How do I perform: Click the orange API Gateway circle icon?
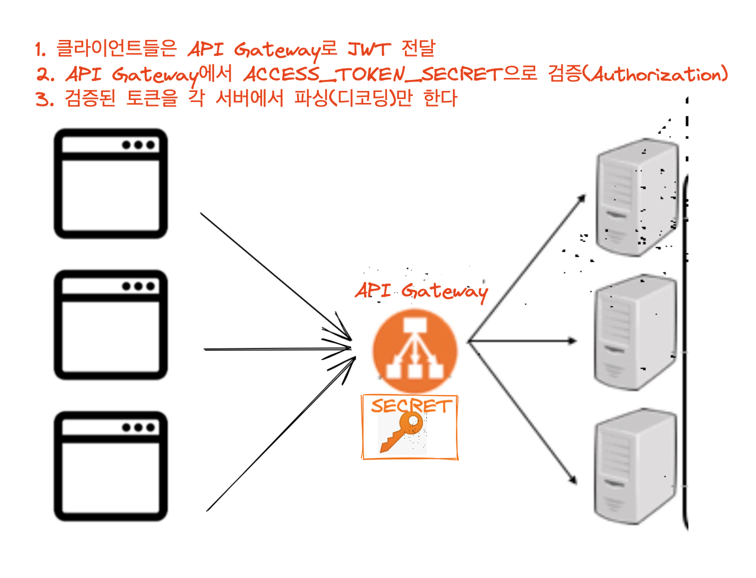coord(414,351)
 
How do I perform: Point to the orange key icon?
coord(401,432)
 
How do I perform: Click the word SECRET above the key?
coord(411,405)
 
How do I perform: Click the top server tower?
coord(637,197)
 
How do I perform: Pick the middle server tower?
coord(636,332)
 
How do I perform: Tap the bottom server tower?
coord(636,466)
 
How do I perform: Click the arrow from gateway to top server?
coord(527,268)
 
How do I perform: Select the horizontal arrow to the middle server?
coord(522,341)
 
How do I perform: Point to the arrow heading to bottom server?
coord(522,412)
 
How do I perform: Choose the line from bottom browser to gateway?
coord(281,434)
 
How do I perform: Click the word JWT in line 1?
coord(369,49)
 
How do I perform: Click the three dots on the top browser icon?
coord(138,145)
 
